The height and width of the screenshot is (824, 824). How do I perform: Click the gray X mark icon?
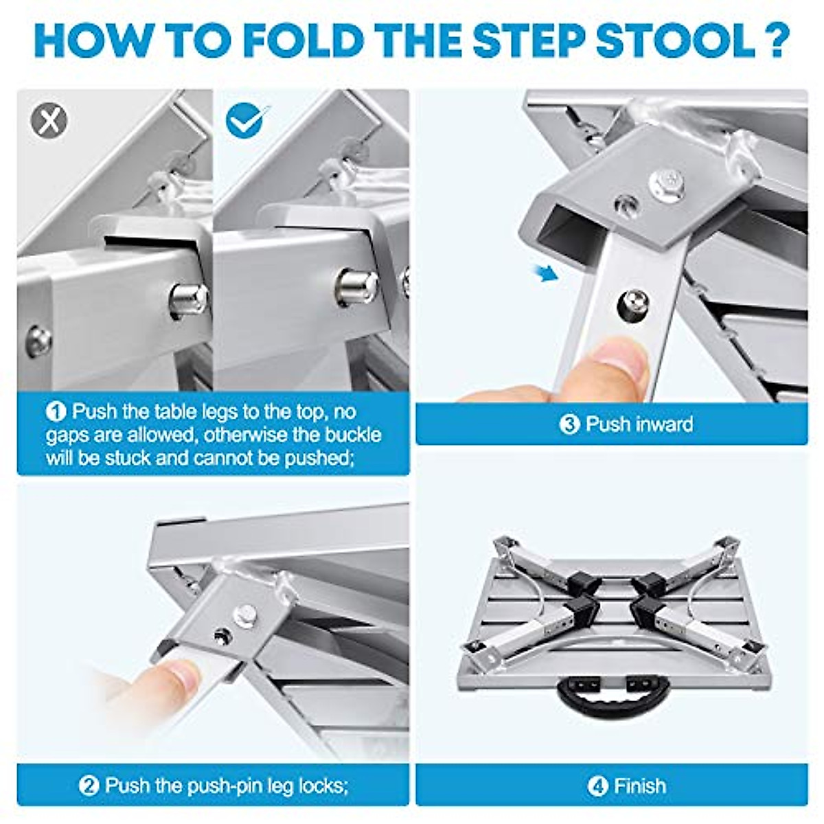pyautogui.click(x=49, y=121)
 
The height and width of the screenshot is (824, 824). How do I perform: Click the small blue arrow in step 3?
pyautogui.click(x=547, y=273)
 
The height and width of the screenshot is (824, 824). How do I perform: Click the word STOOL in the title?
pyautogui.click(x=676, y=41)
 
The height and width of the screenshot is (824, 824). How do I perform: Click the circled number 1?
pyautogui.click(x=56, y=412)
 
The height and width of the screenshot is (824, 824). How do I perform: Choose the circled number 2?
pyautogui.click(x=89, y=785)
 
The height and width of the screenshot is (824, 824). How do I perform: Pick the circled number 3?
pyautogui.click(x=569, y=424)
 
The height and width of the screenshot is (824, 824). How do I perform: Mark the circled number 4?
pyautogui.click(x=597, y=785)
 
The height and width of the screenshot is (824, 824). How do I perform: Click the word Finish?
pyautogui.click(x=640, y=785)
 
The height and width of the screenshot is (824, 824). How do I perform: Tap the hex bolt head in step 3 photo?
pyautogui.click(x=667, y=185)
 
